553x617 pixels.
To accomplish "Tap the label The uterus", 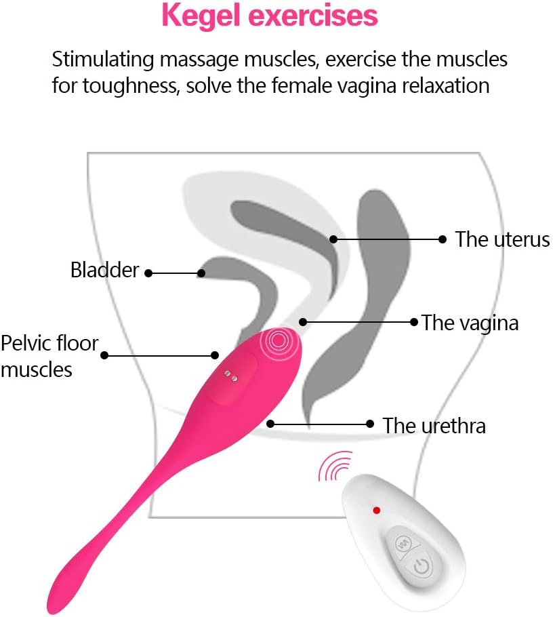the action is click(501, 239).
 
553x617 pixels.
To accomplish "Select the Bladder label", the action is click(104, 271).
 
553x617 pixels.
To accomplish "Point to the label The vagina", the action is click(470, 322).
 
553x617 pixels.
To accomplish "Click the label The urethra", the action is click(434, 426).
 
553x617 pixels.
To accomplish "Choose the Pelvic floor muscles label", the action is click(49, 356).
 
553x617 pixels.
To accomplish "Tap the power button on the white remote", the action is click(421, 566).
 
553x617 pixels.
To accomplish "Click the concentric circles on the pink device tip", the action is click(278, 341).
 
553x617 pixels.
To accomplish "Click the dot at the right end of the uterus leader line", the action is click(443, 239).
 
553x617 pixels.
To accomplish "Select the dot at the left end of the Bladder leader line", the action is click(148, 273).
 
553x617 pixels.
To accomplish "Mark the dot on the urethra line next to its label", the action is click(370, 424).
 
